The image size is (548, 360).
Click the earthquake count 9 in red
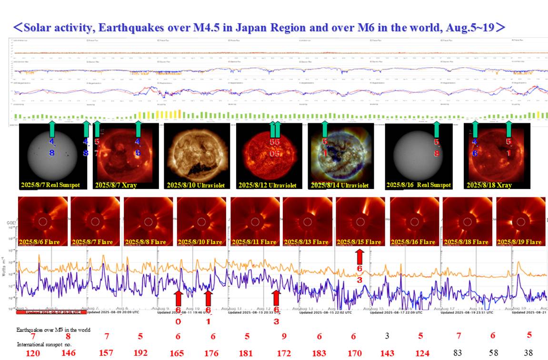coord(284,336)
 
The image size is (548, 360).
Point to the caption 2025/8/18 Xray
coord(489,185)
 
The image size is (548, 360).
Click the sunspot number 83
coord(458,353)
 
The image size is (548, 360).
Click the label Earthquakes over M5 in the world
coord(53,330)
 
